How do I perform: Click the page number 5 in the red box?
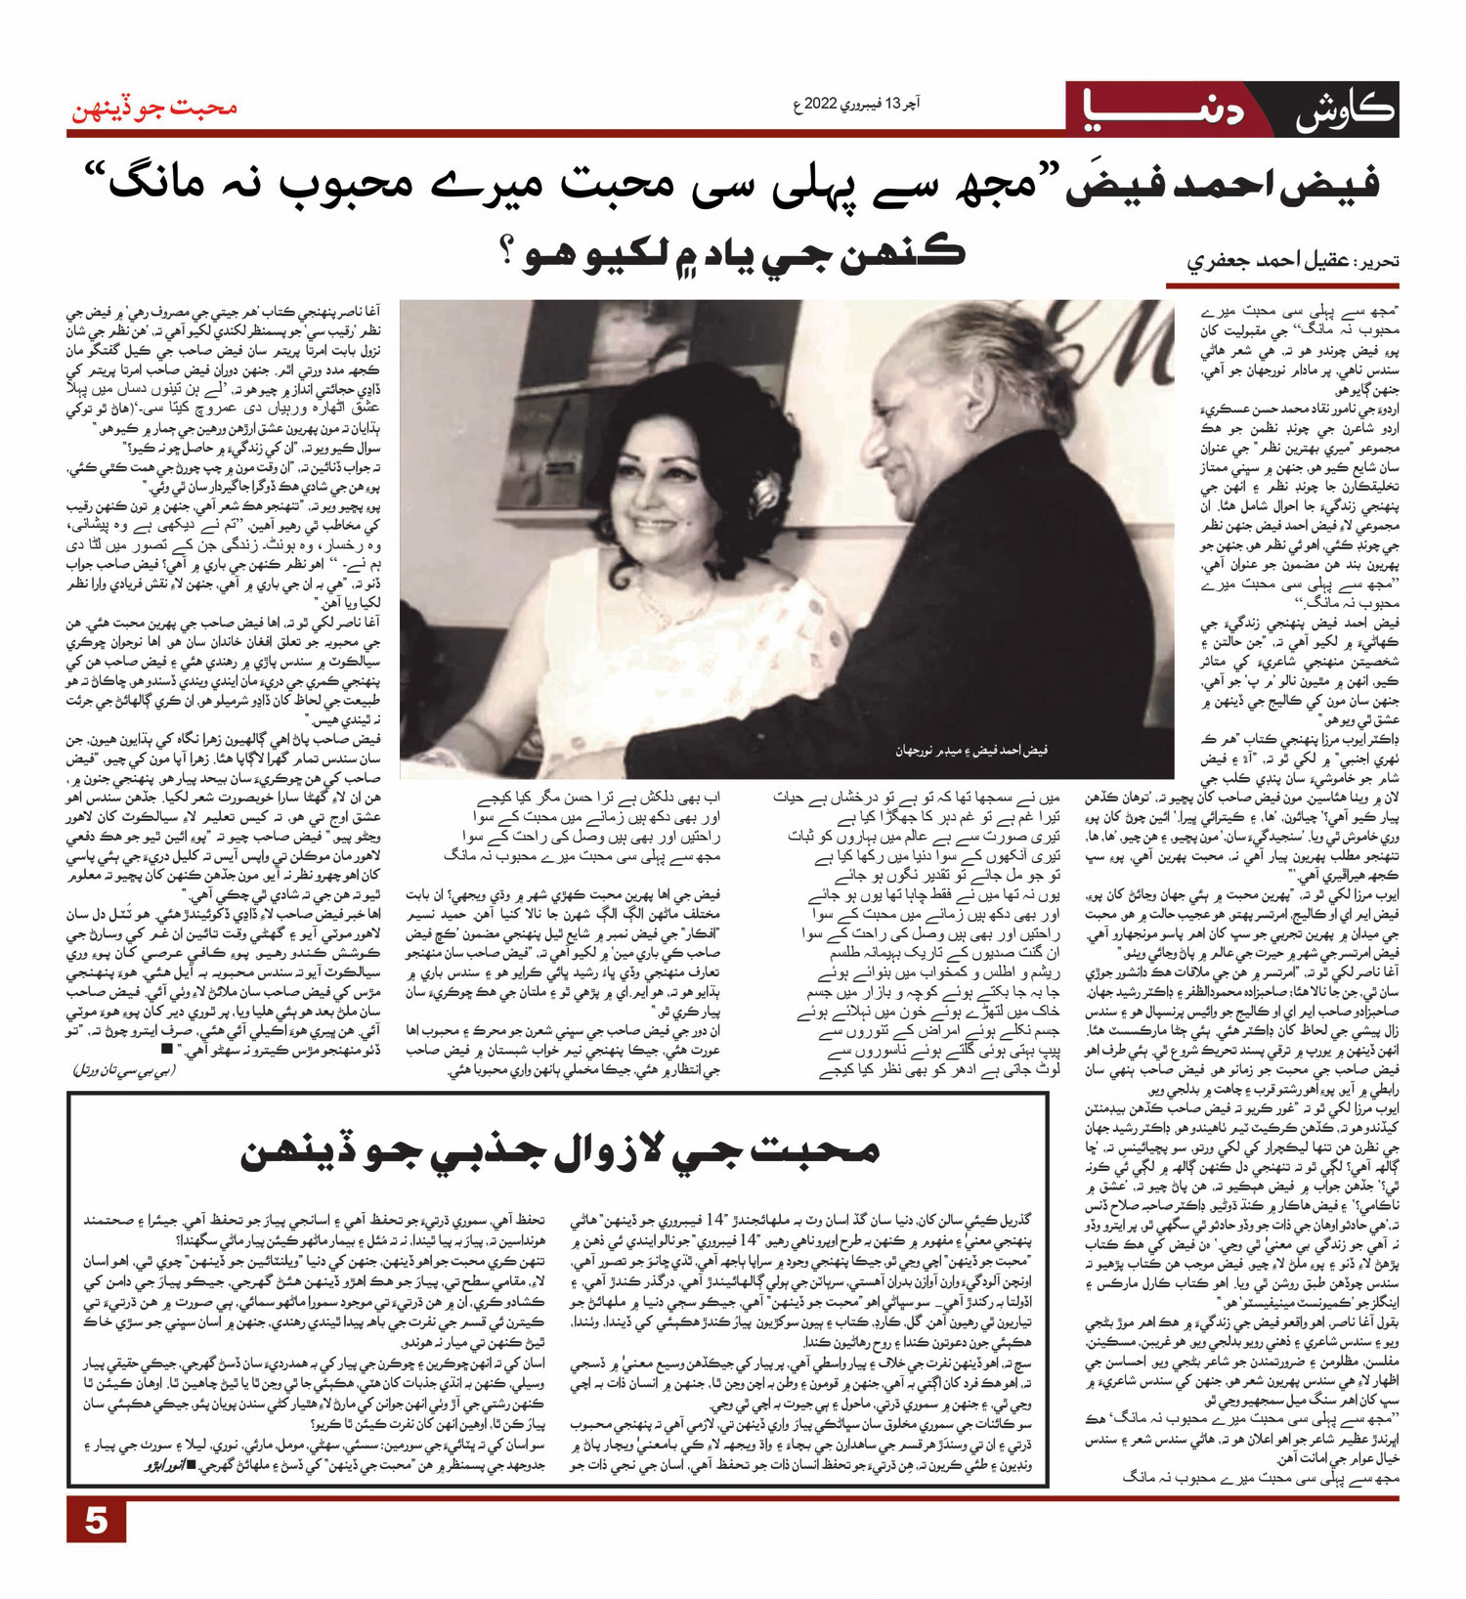coord(96,1521)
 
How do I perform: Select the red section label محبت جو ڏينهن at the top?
coord(153,108)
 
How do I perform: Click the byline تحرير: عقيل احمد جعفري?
coord(1292,261)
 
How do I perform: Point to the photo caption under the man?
coord(970,751)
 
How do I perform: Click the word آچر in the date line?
coord(908,104)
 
